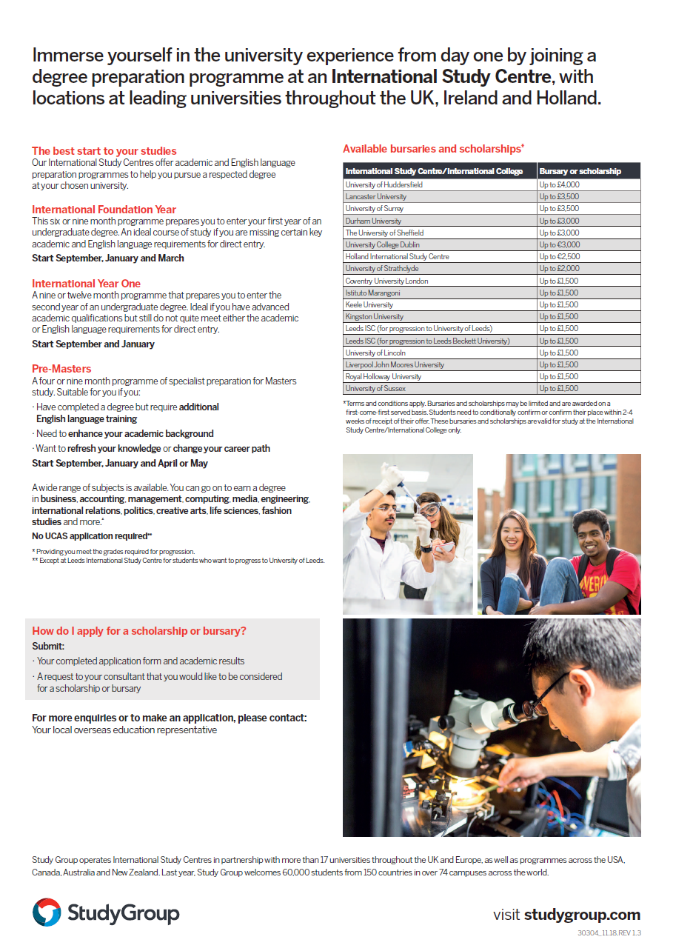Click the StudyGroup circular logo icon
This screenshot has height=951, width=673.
(47, 912)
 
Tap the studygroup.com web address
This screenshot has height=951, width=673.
(582, 915)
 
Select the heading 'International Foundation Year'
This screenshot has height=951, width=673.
(104, 210)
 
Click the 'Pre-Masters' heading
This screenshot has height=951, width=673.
(61, 369)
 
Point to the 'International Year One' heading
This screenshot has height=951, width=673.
(86, 284)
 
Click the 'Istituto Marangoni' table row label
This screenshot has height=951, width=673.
(374, 293)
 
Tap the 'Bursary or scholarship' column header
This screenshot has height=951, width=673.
(580, 171)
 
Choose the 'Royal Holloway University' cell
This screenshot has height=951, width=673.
(383, 376)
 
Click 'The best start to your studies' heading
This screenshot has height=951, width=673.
(104, 151)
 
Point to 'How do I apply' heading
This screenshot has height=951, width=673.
(139, 631)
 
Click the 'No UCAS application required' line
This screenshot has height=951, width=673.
(92, 536)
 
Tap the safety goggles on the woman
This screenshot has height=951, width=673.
(429, 510)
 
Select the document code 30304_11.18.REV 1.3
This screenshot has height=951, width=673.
(609, 933)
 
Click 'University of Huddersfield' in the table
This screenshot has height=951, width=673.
(384, 184)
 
